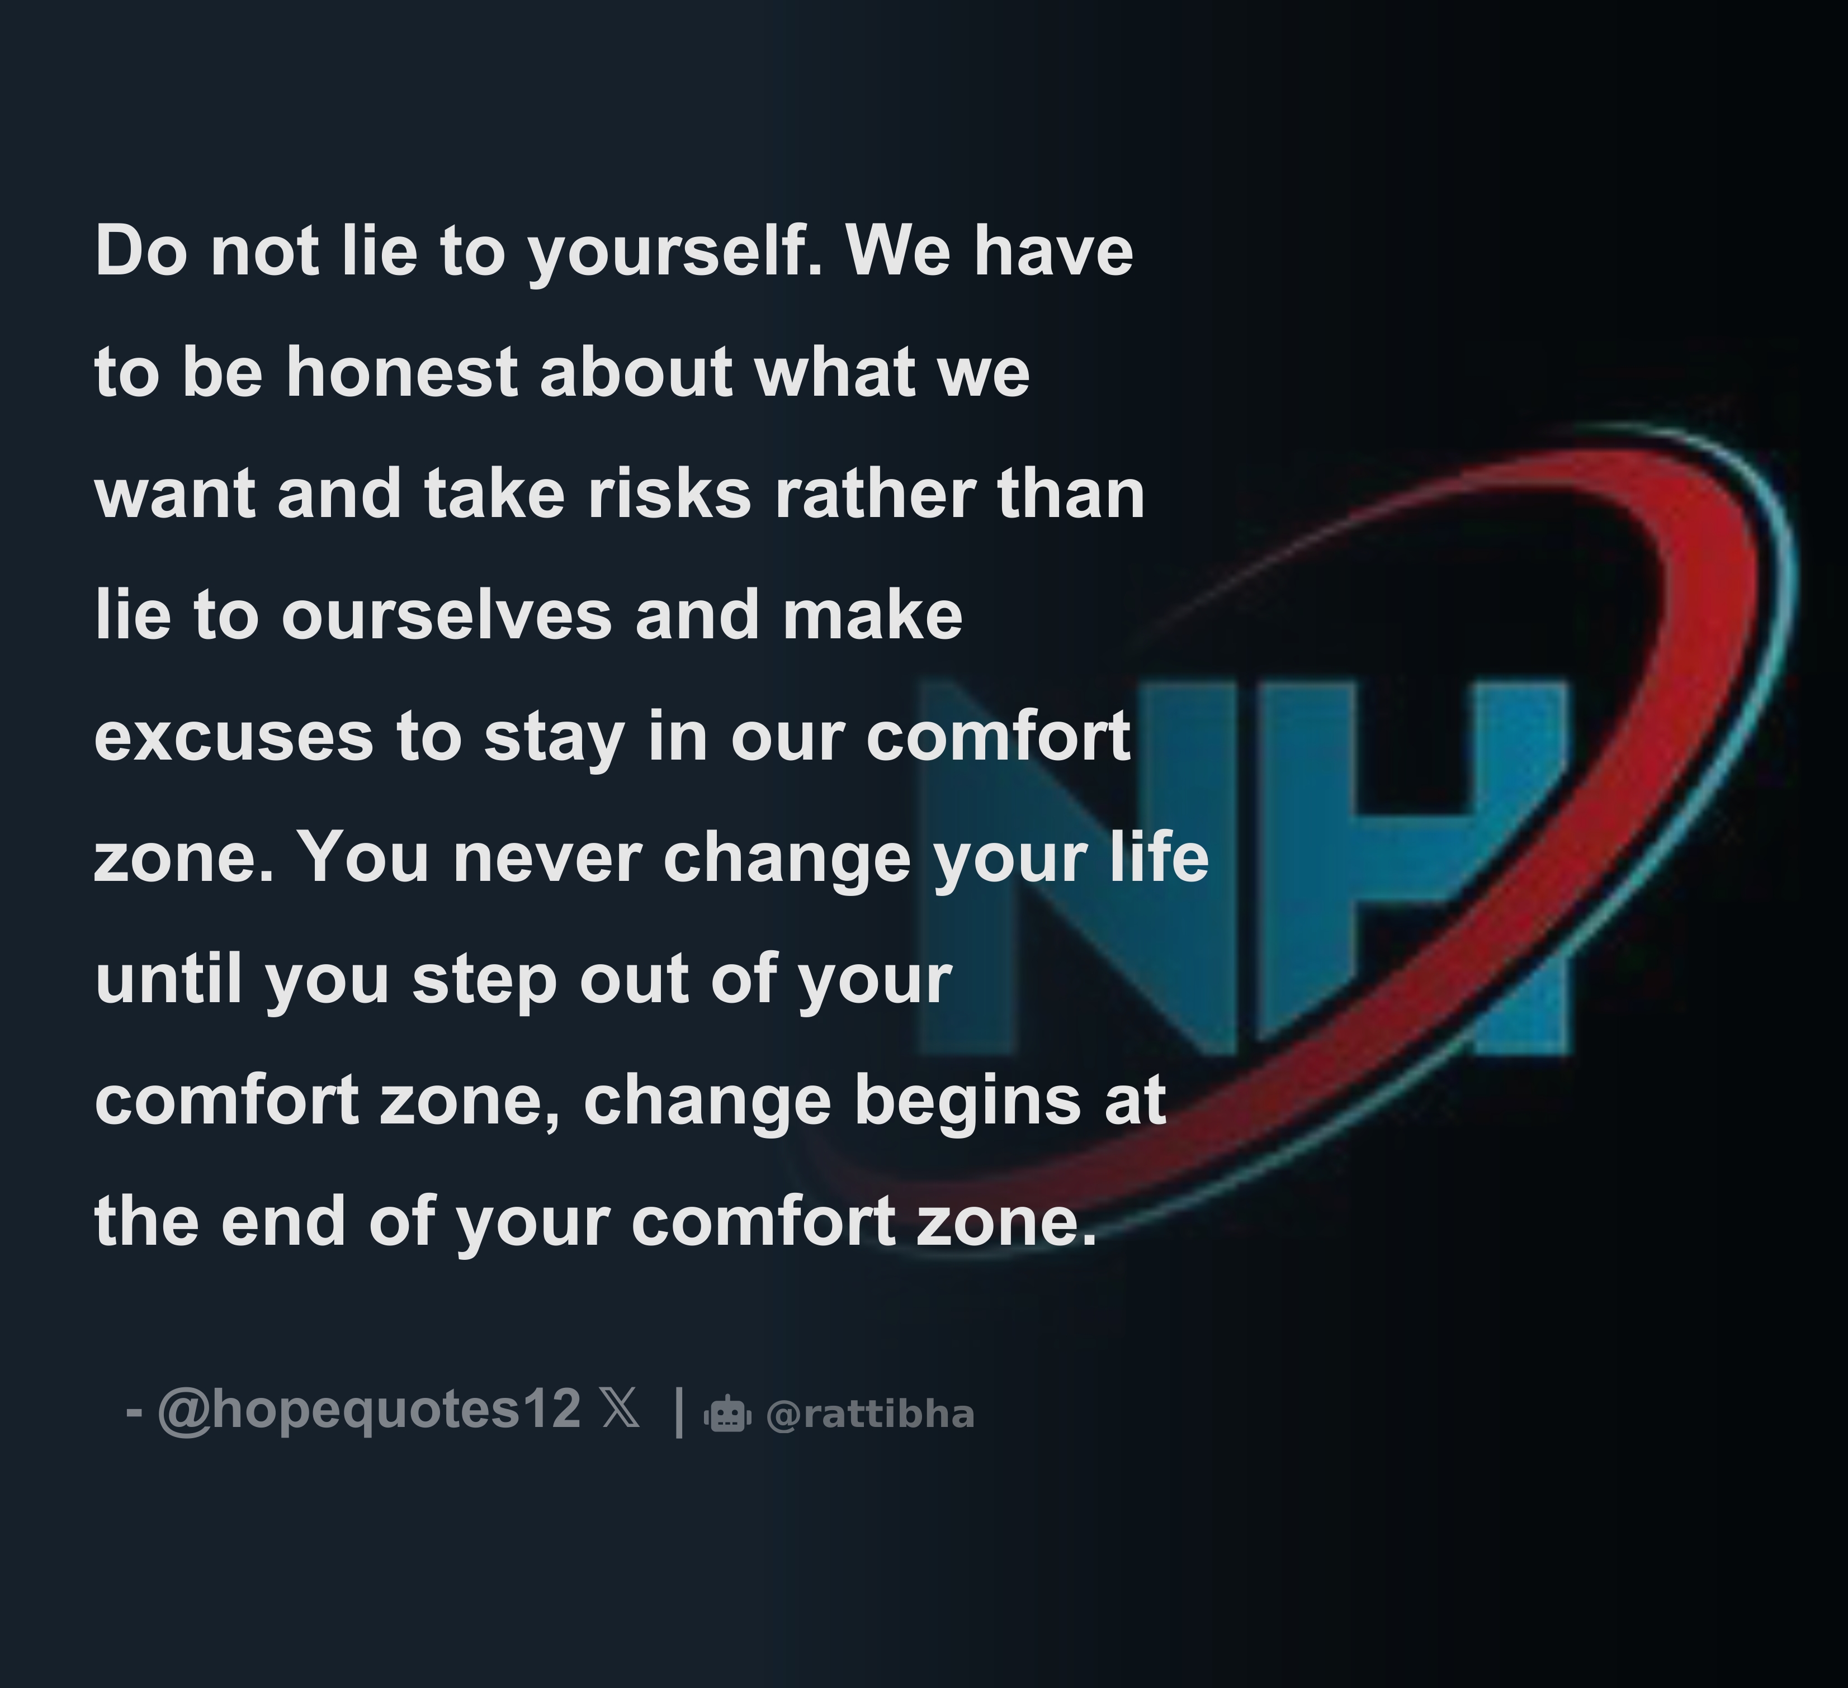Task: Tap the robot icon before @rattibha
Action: tap(728, 1414)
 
